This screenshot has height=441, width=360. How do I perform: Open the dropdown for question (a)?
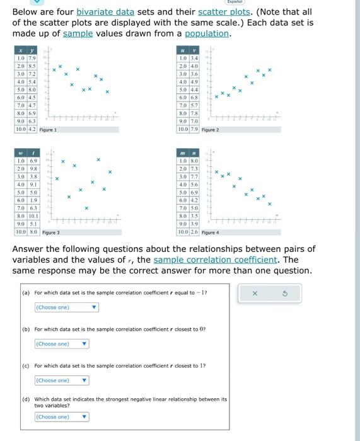click(x=66, y=307)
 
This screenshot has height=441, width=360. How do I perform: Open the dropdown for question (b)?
click(x=61, y=344)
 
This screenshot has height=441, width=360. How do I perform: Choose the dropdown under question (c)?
click(x=61, y=381)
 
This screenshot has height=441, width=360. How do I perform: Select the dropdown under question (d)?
click(x=61, y=417)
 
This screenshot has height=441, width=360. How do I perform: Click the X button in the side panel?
click(x=255, y=294)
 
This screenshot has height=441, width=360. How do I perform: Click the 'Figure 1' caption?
click(x=48, y=129)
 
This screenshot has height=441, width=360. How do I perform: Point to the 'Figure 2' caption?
click(x=210, y=129)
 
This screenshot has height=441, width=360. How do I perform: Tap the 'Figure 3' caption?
click(x=51, y=232)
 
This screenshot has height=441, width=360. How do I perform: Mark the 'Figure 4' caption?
click(x=210, y=232)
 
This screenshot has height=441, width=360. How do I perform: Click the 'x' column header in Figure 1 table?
click(x=20, y=50)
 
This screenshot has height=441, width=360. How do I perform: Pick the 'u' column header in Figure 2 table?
click(x=183, y=50)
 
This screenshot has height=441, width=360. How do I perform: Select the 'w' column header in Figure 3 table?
click(x=20, y=153)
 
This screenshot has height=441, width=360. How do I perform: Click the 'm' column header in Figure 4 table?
click(x=183, y=153)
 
